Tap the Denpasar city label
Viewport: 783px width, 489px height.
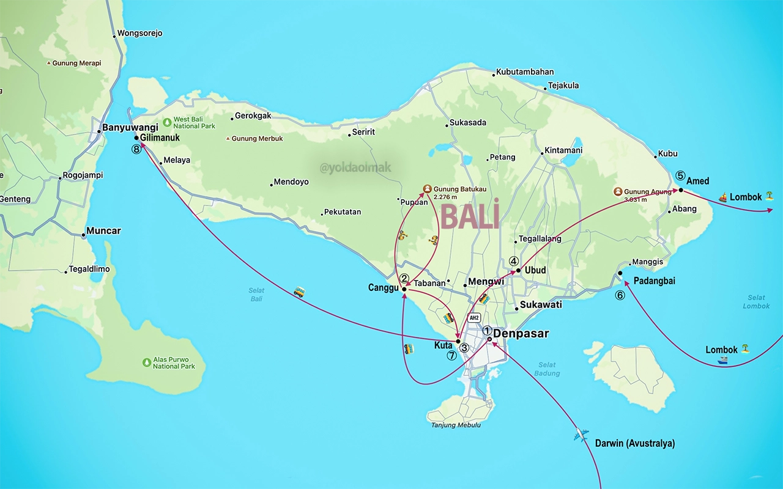[x=521, y=334]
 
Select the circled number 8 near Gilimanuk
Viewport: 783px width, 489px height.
[x=136, y=149]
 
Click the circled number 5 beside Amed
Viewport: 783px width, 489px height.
[x=680, y=175]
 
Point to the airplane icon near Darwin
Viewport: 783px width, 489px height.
[x=581, y=435]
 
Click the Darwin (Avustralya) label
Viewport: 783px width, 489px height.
[x=635, y=443]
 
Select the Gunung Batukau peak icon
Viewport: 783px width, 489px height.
[x=428, y=189]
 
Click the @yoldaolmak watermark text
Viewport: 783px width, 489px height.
[x=355, y=167]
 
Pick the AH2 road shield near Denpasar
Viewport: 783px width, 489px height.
[x=473, y=318]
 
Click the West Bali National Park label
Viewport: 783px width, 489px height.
[x=194, y=122]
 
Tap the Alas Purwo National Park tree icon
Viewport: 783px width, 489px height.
[x=147, y=362]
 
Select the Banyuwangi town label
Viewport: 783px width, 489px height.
[x=130, y=127]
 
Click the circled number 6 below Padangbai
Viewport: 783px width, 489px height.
[x=620, y=295]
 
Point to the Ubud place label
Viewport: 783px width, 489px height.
[x=535, y=270]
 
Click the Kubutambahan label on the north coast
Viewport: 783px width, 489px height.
[x=524, y=72]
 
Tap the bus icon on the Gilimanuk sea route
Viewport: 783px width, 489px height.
[x=299, y=292]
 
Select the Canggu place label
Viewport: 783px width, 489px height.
[x=383, y=287]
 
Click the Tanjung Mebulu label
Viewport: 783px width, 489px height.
[x=456, y=425]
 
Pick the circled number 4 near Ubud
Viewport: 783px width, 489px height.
[x=513, y=260]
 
